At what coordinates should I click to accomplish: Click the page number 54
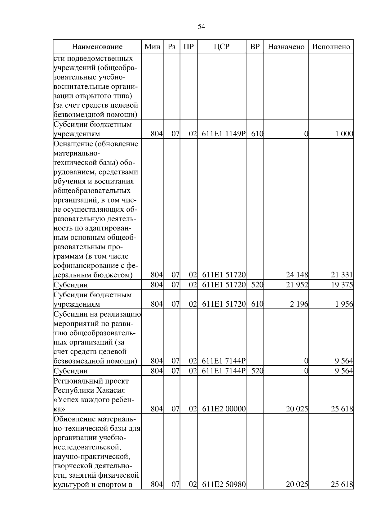pos(201,27)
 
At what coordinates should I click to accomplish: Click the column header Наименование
pos(97,47)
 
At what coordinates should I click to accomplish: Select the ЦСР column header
pos(222,47)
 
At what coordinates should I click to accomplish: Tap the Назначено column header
pos(286,47)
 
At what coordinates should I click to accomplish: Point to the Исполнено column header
pos(331,47)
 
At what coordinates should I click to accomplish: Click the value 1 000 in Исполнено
pos(344,134)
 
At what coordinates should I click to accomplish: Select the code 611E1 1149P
pos(224,134)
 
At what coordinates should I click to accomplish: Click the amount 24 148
pos(297,275)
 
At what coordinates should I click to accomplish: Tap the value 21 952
pos(297,285)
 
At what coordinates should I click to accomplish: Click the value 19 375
pos(342,285)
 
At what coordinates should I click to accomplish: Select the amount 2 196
pos(299,304)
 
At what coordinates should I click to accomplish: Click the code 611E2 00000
pos(224,409)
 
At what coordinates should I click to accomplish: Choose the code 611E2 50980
pos(224,484)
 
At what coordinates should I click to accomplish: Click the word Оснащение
pos(73,144)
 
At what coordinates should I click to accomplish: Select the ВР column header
pos(255,47)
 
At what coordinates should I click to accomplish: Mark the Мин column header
pos(152,47)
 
